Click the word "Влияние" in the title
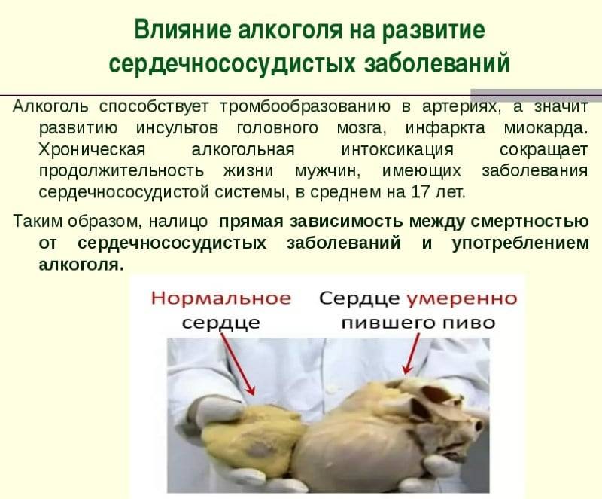(x=183, y=30)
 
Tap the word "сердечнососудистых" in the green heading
(x=233, y=63)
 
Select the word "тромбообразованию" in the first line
(x=306, y=106)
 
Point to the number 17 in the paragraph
(x=420, y=191)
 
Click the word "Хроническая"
(x=92, y=148)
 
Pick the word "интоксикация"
(x=397, y=149)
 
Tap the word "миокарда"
(x=546, y=128)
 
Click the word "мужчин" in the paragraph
(x=328, y=170)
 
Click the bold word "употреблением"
(x=521, y=243)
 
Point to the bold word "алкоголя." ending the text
(x=81, y=265)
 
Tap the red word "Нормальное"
(x=221, y=298)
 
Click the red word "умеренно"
(x=462, y=298)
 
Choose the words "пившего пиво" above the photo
(x=418, y=322)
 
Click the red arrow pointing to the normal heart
(x=238, y=364)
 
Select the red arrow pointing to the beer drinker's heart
(x=411, y=354)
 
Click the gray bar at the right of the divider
(x=536, y=93)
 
